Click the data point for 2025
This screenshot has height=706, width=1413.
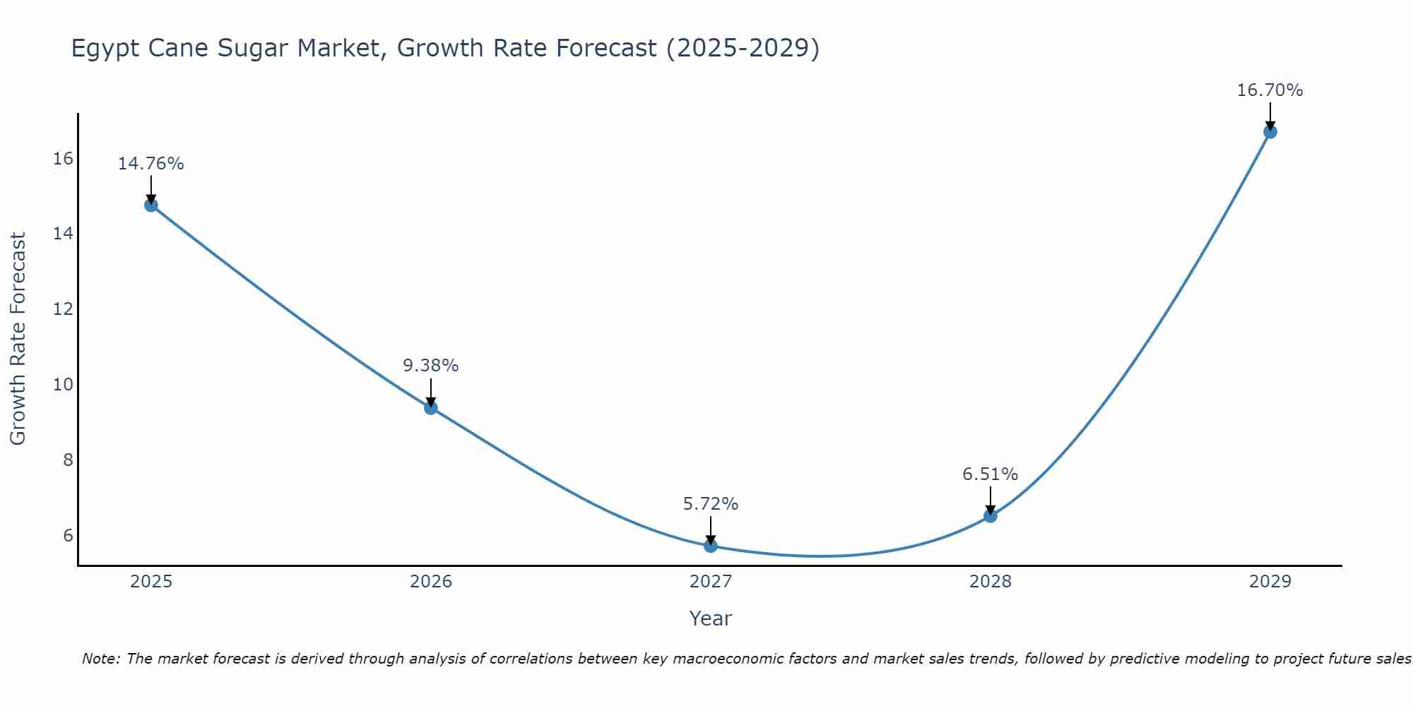click(151, 205)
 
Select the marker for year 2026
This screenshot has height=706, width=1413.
click(431, 407)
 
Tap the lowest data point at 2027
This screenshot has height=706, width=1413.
click(711, 546)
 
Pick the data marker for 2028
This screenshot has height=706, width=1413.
click(991, 516)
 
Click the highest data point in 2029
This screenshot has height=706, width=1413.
click(1270, 132)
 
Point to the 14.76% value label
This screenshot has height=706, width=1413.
click(150, 164)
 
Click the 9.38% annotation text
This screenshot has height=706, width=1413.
click(431, 366)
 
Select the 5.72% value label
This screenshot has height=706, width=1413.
click(711, 504)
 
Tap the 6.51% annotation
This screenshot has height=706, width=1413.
click(991, 474)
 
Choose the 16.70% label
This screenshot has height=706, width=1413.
click(1270, 90)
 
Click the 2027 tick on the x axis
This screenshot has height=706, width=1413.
click(711, 582)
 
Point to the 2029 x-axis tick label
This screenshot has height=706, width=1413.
click(1270, 582)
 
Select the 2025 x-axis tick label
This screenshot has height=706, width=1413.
click(151, 582)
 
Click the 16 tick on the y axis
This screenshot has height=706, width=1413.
click(64, 158)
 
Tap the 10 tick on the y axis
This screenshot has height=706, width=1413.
click(64, 384)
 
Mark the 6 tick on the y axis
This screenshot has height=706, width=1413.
click(68, 535)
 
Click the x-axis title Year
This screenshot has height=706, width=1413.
click(711, 618)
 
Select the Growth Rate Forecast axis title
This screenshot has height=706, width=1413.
click(18, 339)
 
